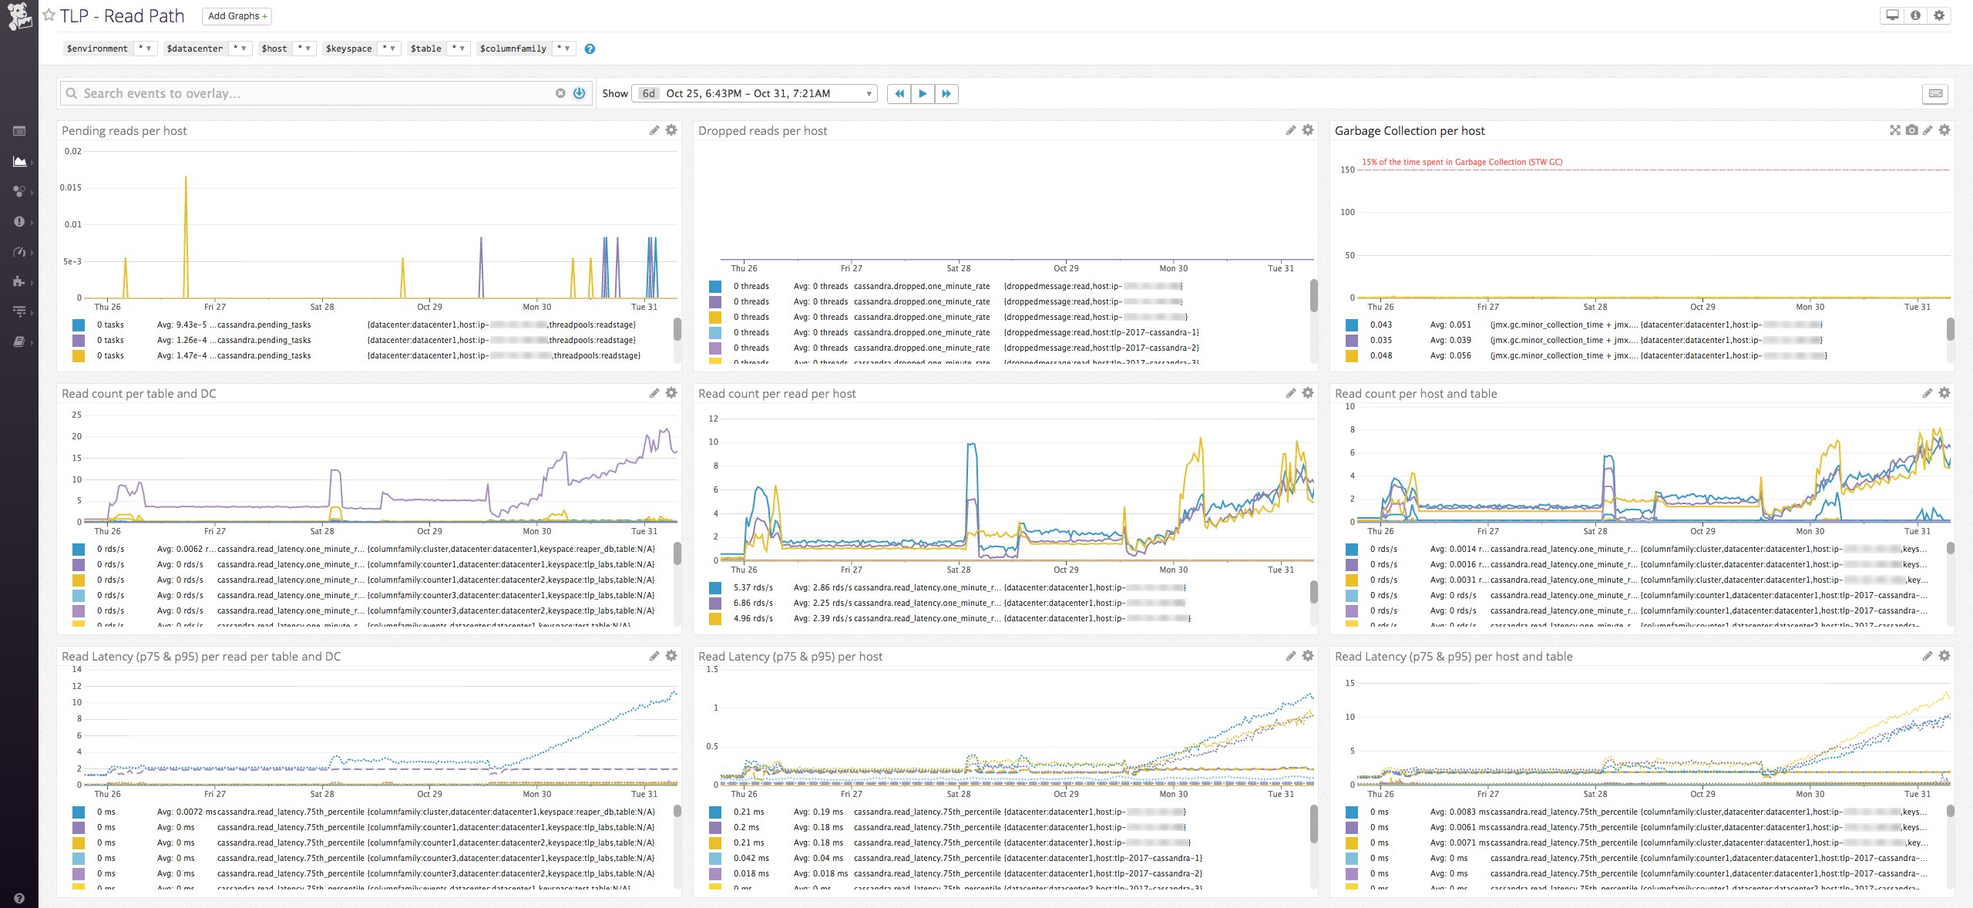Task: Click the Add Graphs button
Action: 237,15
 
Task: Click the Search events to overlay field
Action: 308,93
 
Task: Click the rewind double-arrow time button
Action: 899,93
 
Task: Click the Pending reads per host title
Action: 124,131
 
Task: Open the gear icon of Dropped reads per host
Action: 1308,130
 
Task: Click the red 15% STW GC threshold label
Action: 1461,162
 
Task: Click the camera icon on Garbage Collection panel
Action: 1911,130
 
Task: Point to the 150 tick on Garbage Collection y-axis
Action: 1347,170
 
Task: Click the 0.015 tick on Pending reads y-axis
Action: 71,187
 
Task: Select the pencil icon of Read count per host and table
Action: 1927,393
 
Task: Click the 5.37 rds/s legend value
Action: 753,587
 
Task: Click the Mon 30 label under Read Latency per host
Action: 1173,794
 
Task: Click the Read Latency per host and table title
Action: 1453,657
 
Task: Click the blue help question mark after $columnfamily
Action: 590,49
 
